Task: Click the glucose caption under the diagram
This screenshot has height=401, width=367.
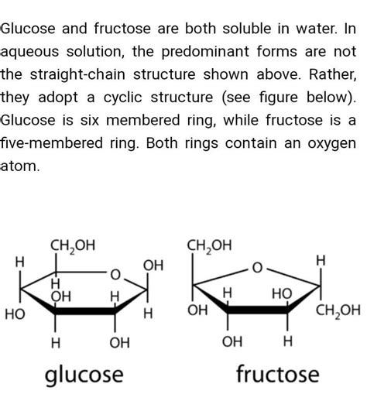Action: [84, 375]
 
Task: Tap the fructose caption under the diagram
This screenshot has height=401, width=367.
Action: [277, 375]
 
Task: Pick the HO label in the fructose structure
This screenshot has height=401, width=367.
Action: [282, 295]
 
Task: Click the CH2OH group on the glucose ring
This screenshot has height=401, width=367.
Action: [73, 245]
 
